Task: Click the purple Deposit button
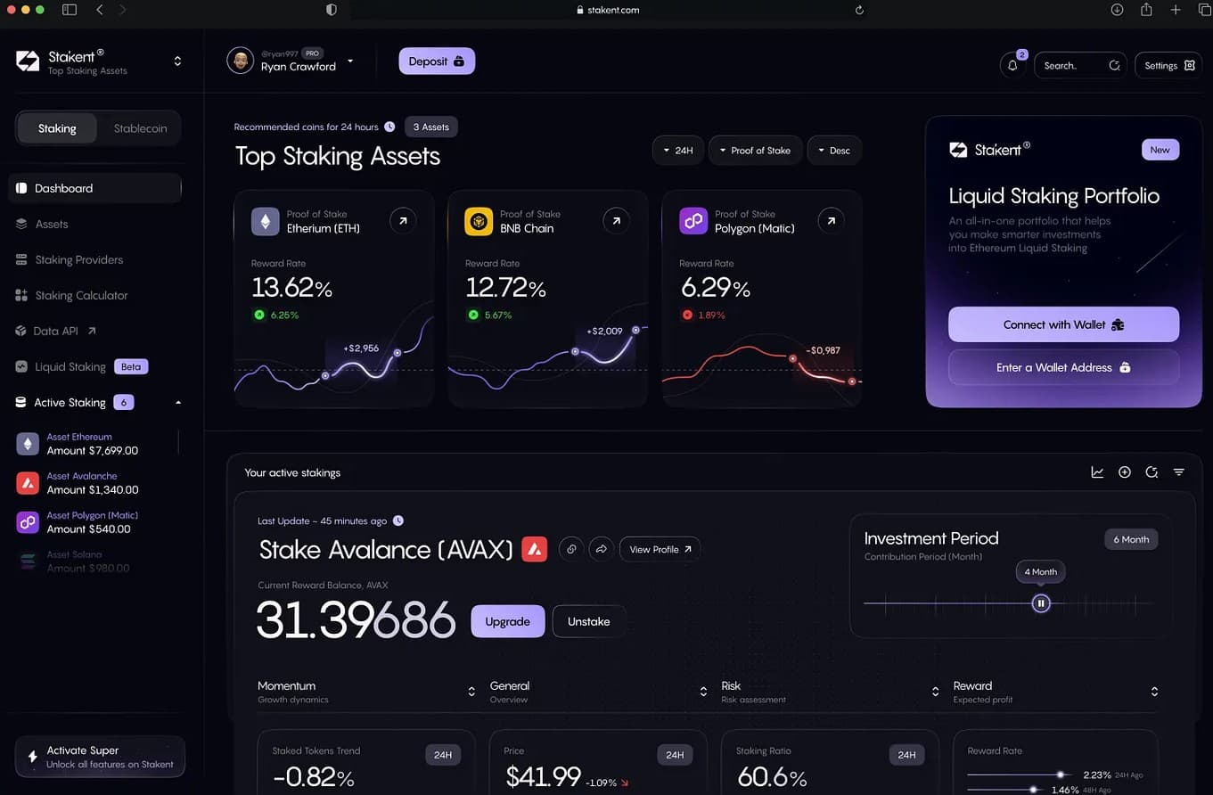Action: [436, 61]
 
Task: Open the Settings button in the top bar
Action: [1168, 65]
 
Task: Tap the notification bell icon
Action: [1012, 65]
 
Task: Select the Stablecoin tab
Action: [140, 128]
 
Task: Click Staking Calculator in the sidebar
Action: [81, 295]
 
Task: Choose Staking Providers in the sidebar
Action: [78, 259]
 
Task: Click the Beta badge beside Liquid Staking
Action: [131, 366]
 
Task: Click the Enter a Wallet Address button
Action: [1062, 367]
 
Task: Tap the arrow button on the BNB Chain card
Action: [616, 221]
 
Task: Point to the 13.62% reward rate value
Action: [291, 288]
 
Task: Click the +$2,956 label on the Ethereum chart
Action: [360, 348]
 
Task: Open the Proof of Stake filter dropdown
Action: [755, 151]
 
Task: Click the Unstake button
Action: [588, 621]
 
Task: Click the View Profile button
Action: [660, 549]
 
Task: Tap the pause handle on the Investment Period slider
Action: [1040, 603]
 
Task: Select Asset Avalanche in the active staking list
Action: [82, 483]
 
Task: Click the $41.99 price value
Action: [543, 776]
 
